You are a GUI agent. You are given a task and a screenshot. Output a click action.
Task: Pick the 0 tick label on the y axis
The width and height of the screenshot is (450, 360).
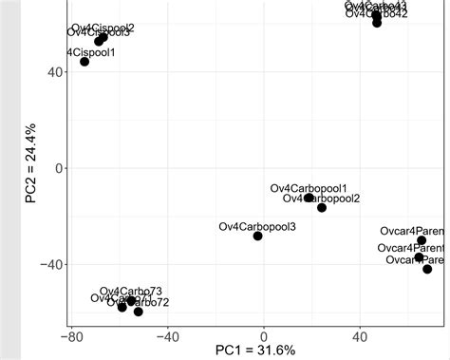tap(58, 168)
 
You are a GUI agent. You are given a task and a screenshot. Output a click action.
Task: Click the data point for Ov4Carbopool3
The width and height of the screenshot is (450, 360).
tap(257, 236)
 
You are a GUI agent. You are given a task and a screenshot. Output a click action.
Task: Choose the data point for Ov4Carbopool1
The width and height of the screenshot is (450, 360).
tap(309, 198)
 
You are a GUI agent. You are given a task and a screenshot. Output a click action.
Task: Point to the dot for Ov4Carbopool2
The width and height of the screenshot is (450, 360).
tap(322, 207)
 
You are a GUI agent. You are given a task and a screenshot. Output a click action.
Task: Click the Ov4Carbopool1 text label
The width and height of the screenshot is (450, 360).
tap(309, 188)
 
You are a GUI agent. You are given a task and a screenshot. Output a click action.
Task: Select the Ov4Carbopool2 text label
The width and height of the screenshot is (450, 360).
tap(322, 199)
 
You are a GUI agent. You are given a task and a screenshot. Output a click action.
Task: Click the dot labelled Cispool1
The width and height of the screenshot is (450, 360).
tap(84, 62)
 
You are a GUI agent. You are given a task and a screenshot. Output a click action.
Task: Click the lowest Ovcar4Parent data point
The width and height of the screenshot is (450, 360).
tap(427, 270)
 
